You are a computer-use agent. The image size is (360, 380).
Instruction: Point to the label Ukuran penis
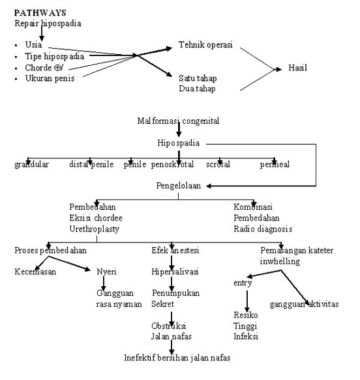click(50, 79)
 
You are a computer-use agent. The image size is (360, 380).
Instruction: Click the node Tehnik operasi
click(205, 46)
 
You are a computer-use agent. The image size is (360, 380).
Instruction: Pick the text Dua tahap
click(198, 88)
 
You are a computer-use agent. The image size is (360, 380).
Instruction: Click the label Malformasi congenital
click(177, 121)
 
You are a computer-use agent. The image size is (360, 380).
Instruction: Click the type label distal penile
click(91, 164)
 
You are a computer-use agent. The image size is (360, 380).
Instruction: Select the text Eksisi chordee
click(96, 218)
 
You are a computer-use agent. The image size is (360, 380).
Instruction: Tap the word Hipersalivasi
click(174, 272)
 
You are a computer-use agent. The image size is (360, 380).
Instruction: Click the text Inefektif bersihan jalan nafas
click(177, 358)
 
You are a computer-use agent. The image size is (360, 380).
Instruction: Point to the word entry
click(243, 283)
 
